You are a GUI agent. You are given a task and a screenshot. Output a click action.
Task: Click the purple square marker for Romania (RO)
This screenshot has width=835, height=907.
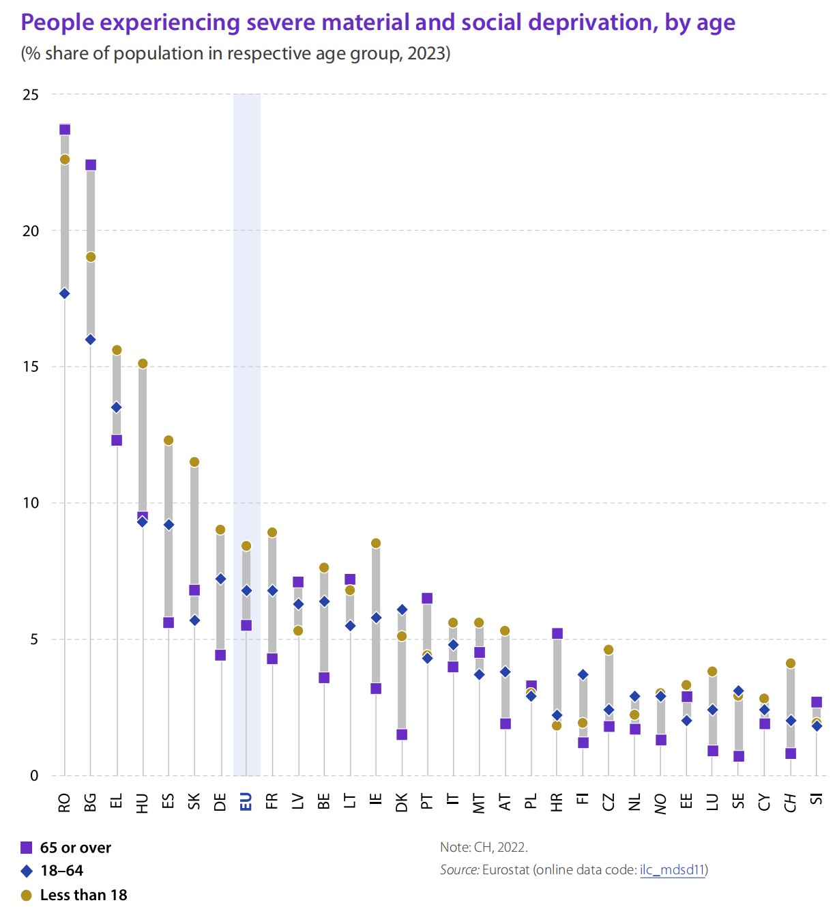pos(65,130)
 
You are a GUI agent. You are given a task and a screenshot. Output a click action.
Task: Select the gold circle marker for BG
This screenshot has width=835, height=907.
pos(91,257)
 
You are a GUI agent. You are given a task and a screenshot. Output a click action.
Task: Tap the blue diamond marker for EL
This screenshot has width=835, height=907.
pos(117,407)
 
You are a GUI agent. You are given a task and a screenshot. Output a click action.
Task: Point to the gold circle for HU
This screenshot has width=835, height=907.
pos(143,364)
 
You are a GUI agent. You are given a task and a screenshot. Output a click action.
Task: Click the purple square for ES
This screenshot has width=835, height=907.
pos(169,622)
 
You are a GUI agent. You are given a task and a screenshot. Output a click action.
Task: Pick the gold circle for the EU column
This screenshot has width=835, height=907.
pos(246,546)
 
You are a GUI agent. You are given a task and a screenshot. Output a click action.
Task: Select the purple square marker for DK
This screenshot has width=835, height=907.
pos(402,734)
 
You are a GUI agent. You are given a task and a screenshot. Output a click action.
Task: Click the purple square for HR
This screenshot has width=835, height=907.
pos(557,633)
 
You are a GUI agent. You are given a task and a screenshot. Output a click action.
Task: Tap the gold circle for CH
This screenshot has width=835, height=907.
pos(791,663)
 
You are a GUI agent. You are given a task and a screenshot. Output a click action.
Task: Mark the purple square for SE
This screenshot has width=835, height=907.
pos(739,756)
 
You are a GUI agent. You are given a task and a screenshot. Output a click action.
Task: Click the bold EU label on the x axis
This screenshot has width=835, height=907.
pos(246,802)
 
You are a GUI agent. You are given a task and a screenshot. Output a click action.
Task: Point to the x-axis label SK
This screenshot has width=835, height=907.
pos(194,801)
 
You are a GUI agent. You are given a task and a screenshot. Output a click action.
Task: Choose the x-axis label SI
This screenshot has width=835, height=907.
pos(817,799)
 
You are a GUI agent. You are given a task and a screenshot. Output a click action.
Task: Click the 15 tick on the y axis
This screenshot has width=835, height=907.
pos(31,366)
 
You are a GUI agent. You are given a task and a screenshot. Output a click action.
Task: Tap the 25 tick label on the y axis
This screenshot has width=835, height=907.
pos(31,95)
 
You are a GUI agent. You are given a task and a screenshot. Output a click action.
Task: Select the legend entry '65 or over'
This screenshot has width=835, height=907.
pos(75,848)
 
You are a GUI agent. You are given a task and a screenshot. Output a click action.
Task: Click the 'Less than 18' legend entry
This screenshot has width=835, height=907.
pos(83,895)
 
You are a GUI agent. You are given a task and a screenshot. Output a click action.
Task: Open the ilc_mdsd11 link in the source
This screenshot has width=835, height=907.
pos(672,869)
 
